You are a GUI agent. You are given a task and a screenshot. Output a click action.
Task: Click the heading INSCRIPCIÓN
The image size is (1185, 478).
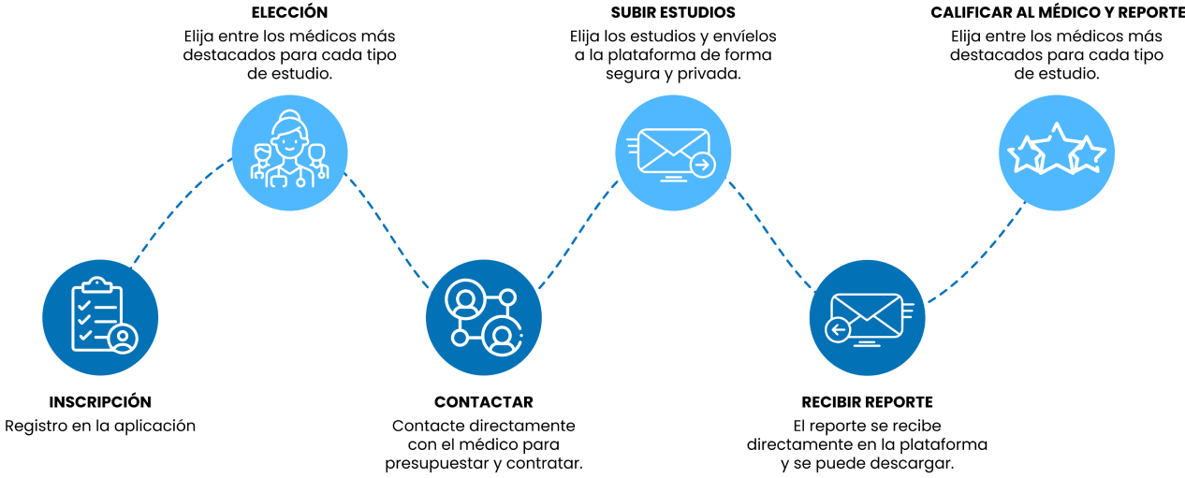(x=100, y=402)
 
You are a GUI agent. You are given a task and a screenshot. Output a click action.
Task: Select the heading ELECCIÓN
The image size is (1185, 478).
(x=289, y=13)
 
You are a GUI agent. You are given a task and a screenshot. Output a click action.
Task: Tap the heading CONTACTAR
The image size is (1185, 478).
(x=483, y=402)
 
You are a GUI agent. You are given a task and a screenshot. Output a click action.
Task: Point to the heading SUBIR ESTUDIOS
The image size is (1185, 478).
(x=673, y=13)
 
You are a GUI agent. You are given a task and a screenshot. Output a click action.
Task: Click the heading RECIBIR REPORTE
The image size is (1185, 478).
(x=867, y=402)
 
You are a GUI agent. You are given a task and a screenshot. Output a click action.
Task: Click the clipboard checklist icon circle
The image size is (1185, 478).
(x=101, y=316)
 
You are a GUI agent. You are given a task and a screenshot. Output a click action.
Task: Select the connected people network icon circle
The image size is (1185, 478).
(x=483, y=316)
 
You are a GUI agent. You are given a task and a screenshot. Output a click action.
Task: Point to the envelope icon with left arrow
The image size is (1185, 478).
(x=867, y=316)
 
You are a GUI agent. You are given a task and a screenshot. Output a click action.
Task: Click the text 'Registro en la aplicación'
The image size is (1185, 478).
(x=100, y=427)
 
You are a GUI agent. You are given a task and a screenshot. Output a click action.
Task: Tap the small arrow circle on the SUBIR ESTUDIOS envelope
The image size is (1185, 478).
(x=703, y=166)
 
